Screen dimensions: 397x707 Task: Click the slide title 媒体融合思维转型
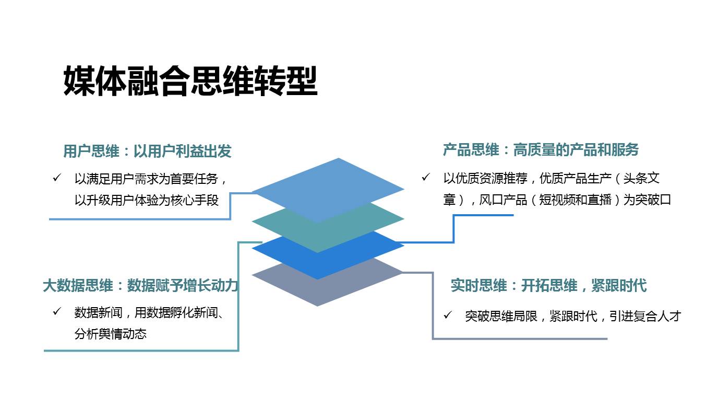coord(190,81)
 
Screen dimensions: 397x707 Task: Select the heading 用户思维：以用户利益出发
coord(147,151)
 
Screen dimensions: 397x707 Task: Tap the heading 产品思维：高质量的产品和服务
coord(541,150)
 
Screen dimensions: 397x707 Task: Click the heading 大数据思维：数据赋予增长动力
coord(141,286)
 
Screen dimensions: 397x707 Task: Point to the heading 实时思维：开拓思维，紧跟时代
coord(548,286)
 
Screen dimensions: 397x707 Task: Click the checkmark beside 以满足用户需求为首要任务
coord(57,178)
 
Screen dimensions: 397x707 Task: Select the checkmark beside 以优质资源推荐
coord(426,178)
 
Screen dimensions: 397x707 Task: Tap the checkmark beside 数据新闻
coord(57,312)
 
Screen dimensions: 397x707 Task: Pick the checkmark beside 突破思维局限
coord(448,315)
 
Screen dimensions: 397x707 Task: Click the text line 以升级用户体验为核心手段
coord(147,200)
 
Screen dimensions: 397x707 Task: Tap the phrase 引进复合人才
coord(645,316)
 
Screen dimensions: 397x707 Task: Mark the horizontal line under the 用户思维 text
coord(140,219)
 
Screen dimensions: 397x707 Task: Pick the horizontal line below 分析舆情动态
coord(141,351)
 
